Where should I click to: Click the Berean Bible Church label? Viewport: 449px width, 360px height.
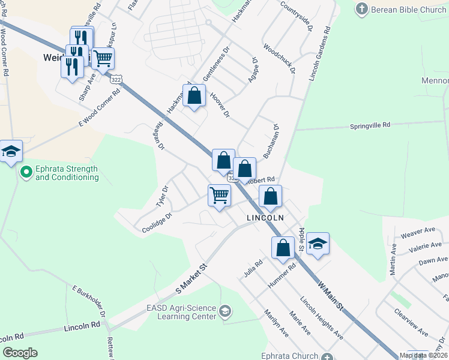409,10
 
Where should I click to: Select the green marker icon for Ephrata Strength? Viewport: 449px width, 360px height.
26,173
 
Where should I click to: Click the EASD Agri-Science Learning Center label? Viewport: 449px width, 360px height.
181,312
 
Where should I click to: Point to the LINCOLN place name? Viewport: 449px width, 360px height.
265,218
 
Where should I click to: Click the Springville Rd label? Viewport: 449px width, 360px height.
370,126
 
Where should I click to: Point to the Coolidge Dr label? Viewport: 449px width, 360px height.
157,223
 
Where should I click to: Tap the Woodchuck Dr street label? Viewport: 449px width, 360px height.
280,59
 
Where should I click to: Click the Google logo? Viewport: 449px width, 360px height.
20,353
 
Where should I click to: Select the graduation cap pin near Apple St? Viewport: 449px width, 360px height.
318,244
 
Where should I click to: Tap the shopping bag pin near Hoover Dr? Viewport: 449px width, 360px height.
194,95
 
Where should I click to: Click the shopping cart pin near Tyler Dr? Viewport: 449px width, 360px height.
219,195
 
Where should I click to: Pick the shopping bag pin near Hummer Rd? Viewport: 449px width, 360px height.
283,248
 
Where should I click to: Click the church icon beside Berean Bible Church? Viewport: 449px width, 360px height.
361,9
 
